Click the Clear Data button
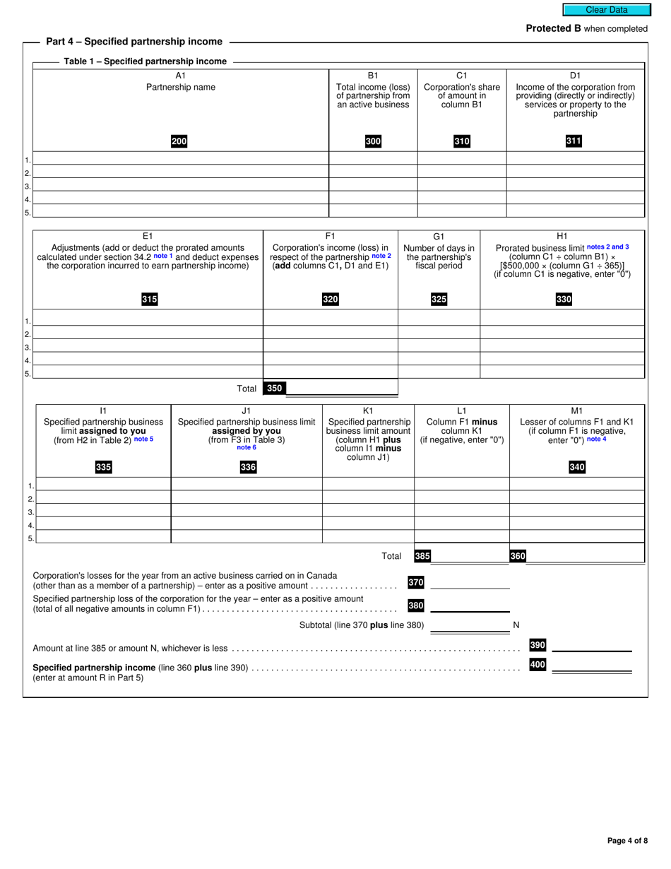click(606, 10)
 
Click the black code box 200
click(179, 141)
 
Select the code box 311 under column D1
click(574, 141)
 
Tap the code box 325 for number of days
click(439, 300)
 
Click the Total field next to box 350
click(341, 388)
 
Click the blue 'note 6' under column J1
click(247, 447)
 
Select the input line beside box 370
click(470, 582)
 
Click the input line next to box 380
click(470, 605)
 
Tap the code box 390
click(538, 645)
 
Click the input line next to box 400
click(592, 665)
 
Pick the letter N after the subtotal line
click(516, 625)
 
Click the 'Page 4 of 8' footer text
click(627, 841)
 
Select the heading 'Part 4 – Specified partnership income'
click(134, 42)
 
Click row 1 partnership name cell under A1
click(181, 158)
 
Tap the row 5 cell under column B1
click(373, 211)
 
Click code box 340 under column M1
click(577, 467)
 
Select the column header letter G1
click(439, 236)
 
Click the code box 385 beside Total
click(422, 556)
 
